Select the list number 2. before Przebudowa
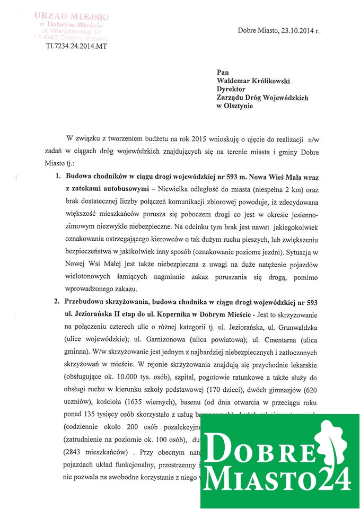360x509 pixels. pyautogui.click(x=59, y=302)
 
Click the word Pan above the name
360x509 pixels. pyautogui.click(x=223, y=72)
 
